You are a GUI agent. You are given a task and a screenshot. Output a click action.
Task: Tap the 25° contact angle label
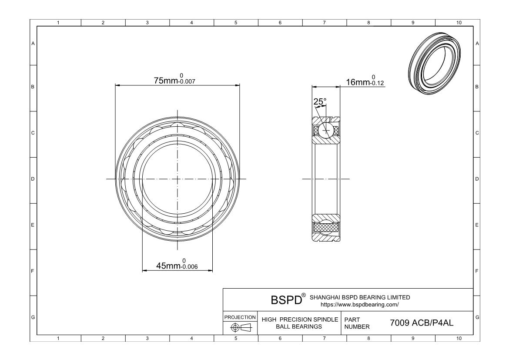(320, 102)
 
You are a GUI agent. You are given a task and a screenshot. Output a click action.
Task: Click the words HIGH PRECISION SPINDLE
(300, 320)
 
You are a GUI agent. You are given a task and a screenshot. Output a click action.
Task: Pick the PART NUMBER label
(357, 323)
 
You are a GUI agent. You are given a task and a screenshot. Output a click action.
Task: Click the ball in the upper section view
(326, 130)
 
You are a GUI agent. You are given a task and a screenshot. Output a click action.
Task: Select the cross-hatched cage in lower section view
(326, 227)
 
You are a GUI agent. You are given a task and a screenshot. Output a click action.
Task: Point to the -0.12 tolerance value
(376, 84)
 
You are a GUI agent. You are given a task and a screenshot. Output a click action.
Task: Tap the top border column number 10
(458, 23)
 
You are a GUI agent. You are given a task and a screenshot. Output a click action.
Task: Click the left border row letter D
(33, 179)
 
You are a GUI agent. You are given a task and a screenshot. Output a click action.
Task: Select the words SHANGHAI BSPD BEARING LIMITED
(359, 297)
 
